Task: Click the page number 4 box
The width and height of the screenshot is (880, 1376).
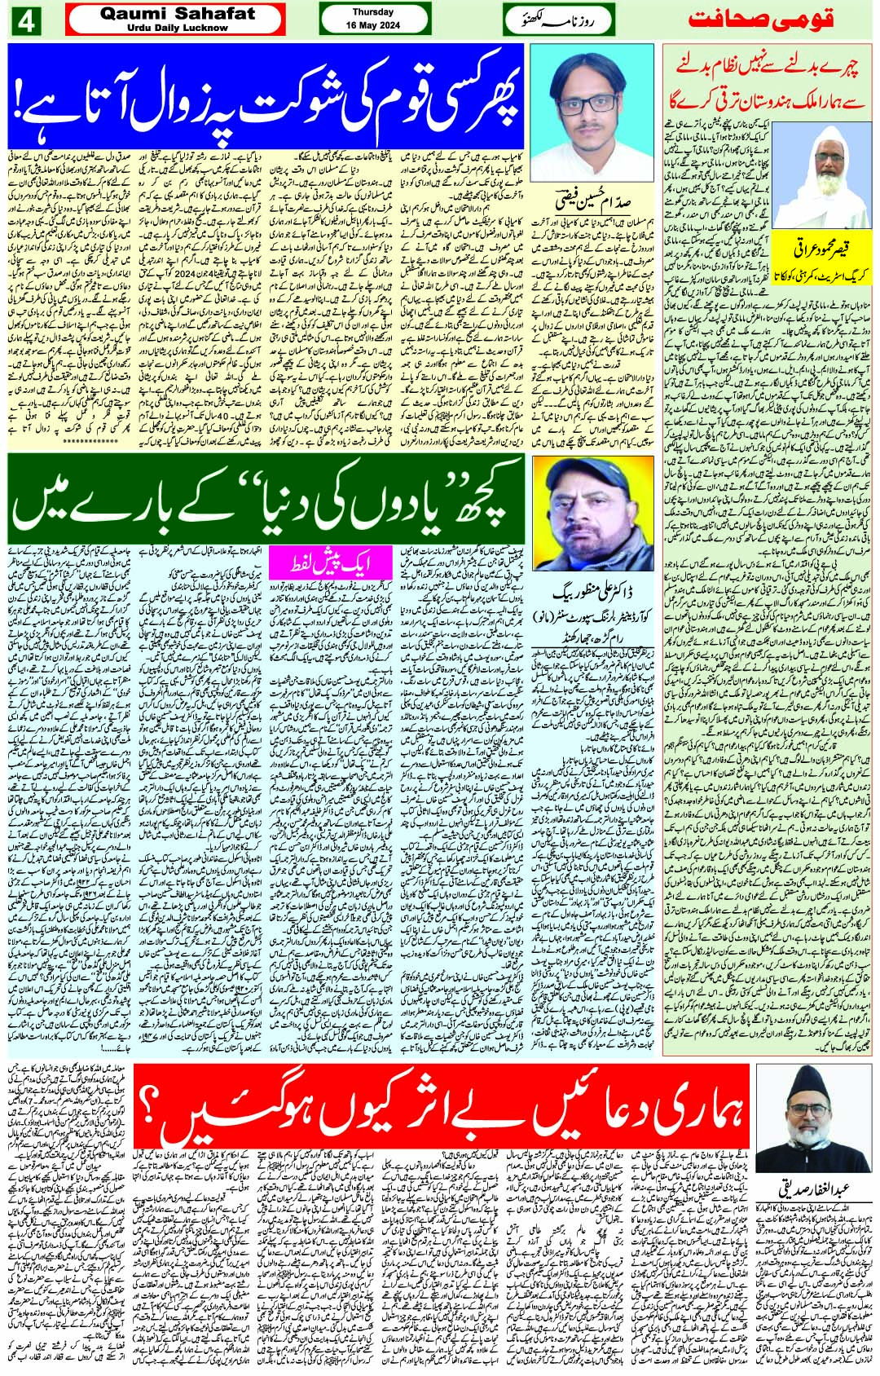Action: click(x=25, y=21)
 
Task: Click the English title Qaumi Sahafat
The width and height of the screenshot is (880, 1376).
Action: click(x=178, y=14)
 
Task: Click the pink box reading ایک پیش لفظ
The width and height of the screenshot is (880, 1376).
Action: click(x=329, y=561)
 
